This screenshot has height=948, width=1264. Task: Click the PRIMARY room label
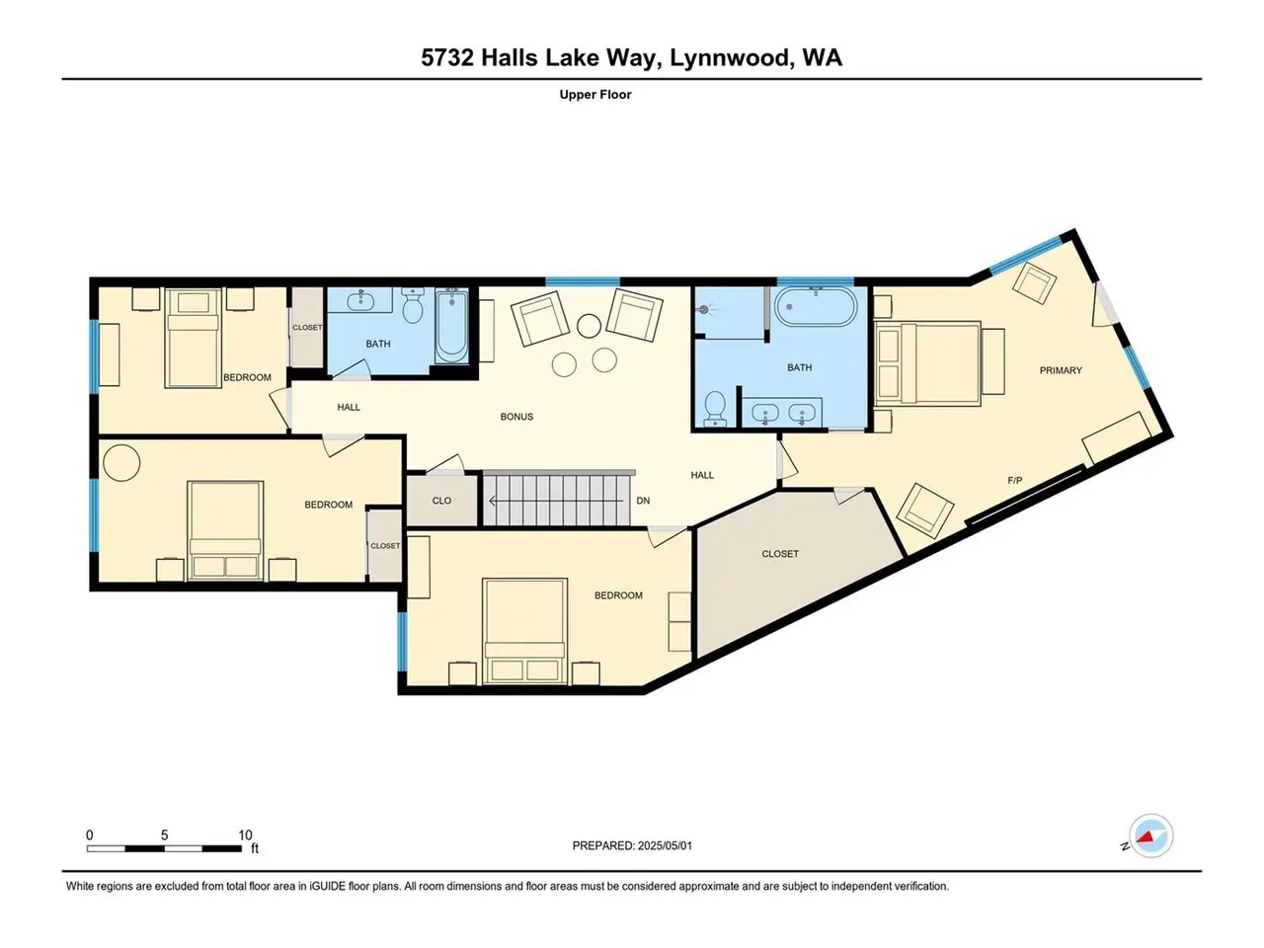coord(1061,370)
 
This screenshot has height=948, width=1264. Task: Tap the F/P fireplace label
coord(1014,481)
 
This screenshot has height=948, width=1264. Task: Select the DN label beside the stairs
coord(643,501)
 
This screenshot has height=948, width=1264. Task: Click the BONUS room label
coord(516,417)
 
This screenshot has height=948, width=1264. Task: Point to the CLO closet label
coord(441,501)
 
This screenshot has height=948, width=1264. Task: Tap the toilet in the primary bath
coord(715,409)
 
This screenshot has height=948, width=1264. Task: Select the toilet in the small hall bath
coord(413,306)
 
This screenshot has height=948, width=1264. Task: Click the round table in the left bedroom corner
coord(121,462)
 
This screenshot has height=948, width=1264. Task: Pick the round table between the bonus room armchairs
coord(589,326)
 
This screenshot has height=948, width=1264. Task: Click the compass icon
coord(1151,836)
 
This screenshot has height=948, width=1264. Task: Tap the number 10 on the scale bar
coord(245,834)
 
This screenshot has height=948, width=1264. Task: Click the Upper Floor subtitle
coord(595,95)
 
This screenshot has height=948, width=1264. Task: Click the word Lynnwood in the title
coord(729,58)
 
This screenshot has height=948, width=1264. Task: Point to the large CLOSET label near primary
coord(780,554)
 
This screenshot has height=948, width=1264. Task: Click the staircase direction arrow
coord(556,502)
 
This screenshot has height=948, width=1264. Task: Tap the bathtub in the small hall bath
coord(451,326)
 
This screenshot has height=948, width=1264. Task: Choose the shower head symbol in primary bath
coord(704,310)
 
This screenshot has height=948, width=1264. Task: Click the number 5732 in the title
coord(447,58)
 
